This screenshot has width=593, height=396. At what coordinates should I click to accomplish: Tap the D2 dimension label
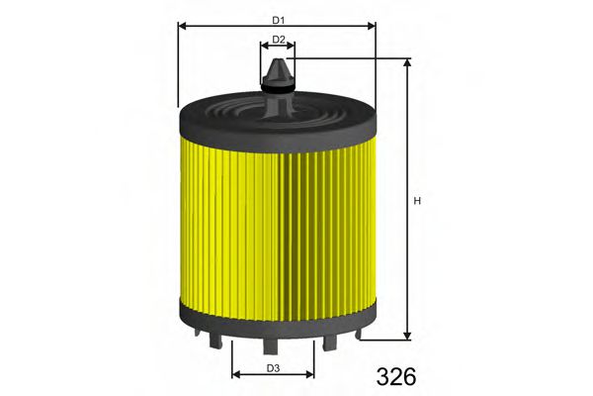pos(279,40)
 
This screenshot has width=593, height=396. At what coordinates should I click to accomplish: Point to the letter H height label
pos(417,203)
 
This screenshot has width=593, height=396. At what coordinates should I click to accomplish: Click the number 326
pos(396,376)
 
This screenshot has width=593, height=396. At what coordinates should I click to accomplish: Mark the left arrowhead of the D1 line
pos(181,26)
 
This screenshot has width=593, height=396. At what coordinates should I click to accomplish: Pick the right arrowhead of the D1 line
pos(373,26)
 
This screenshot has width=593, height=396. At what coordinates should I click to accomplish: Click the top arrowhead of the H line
pos(407,61)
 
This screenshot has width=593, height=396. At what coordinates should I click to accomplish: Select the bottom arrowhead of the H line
pos(407,336)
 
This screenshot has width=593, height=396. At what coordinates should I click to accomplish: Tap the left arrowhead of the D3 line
pos(235,376)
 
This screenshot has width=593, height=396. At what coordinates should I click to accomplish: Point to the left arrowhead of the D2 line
pos(263,47)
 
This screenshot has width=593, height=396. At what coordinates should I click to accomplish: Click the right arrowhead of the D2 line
pos(294,47)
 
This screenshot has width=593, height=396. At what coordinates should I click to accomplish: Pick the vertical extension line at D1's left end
pos(177,64)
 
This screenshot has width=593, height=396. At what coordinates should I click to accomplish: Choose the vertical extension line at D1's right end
pos(377,64)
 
